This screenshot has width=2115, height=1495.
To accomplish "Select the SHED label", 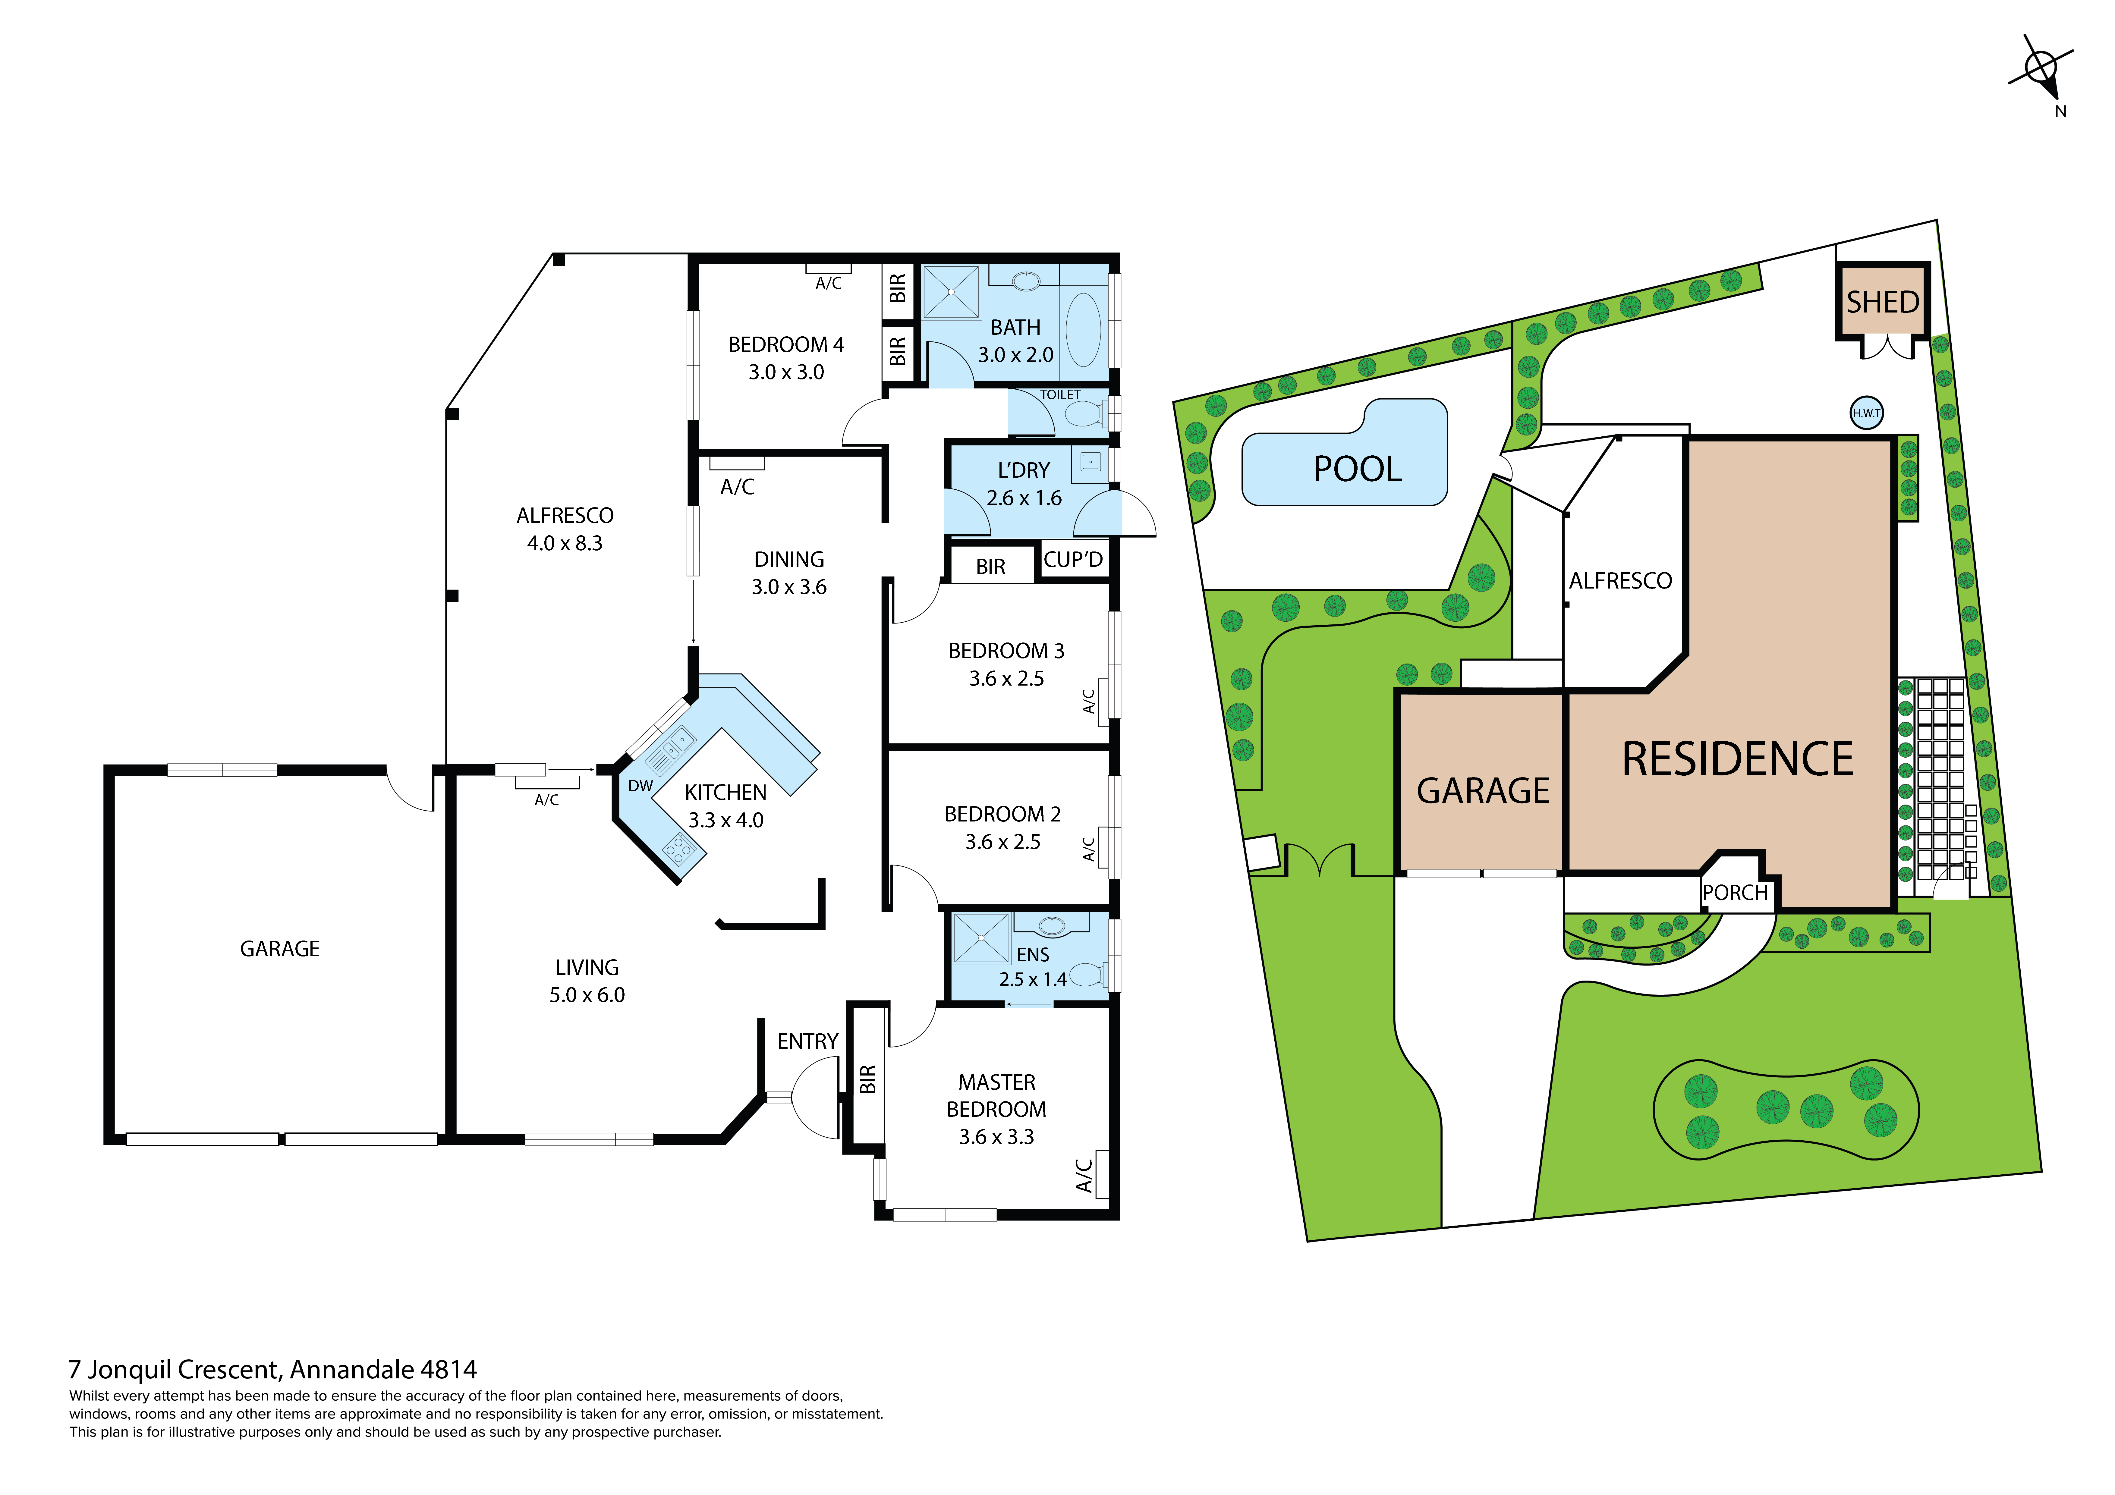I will (x=1882, y=302).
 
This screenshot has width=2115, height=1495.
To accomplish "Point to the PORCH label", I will (x=1735, y=893).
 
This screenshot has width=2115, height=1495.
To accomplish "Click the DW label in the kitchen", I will (x=640, y=786).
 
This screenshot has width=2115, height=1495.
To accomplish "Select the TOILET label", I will (x=1060, y=394).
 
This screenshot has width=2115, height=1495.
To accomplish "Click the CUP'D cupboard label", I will (x=1073, y=559).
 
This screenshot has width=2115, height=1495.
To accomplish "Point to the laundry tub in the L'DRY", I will (x=1091, y=461).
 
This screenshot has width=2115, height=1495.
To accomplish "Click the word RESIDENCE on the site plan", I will (x=1737, y=760).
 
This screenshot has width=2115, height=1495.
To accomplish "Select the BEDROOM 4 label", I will (x=786, y=344).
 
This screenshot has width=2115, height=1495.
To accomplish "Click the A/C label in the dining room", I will (x=737, y=487).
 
